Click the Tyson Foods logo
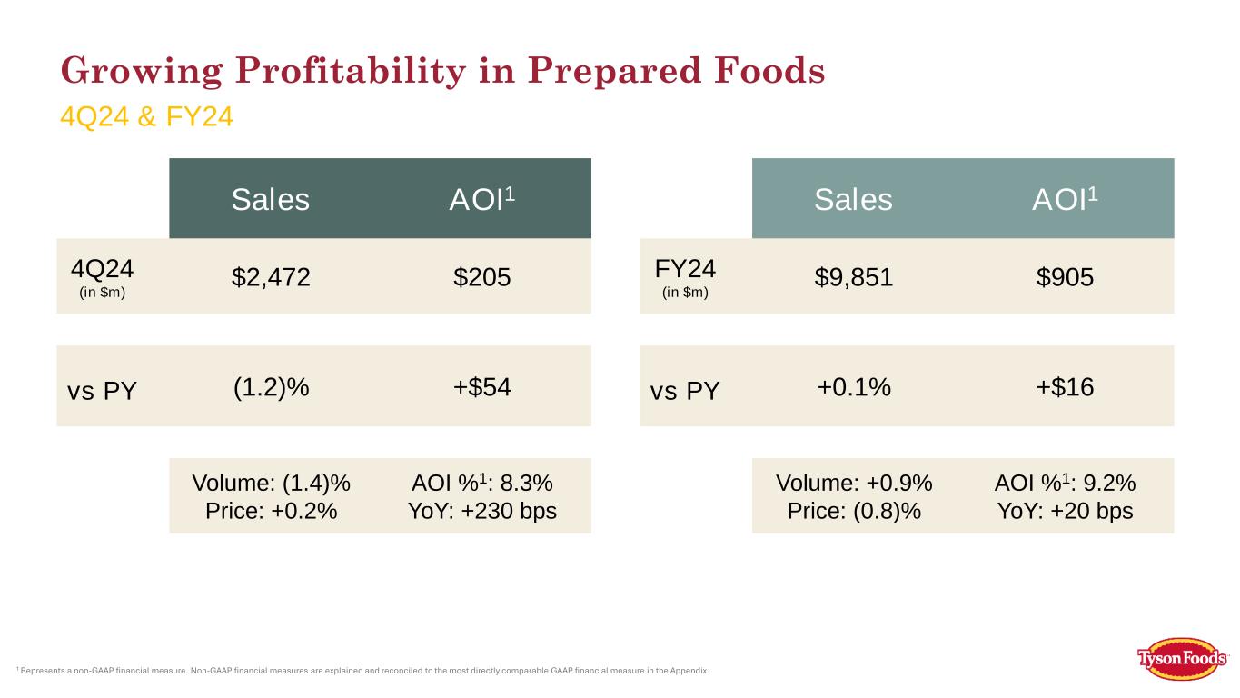[x=1181, y=659]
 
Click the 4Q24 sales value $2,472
[x=271, y=277]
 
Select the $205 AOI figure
[x=481, y=277]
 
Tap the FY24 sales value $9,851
[x=854, y=277]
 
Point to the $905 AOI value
[x=1065, y=277]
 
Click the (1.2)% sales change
[x=272, y=386]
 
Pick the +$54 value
[x=481, y=386]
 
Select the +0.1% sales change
[x=854, y=386]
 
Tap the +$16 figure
[x=1065, y=386]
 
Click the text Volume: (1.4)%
[x=272, y=484]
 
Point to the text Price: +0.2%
[x=272, y=511]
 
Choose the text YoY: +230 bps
[x=482, y=511]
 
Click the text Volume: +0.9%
[x=854, y=484]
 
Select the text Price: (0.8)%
[x=854, y=511]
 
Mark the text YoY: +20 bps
[x=1065, y=511]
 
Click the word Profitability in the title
[x=351, y=71]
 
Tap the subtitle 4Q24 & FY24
[x=146, y=117]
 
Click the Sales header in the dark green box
[x=270, y=199]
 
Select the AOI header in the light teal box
[x=1065, y=198]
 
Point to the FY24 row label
[x=685, y=269]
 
